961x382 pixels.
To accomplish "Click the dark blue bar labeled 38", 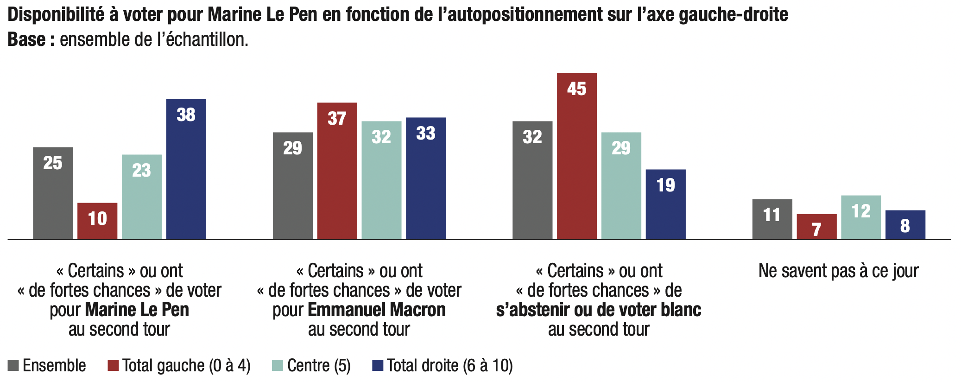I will coord(186,169).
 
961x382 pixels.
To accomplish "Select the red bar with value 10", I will coord(97,221).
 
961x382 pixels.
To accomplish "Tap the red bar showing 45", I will coord(576,156).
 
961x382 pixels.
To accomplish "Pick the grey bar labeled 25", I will coord(53,193).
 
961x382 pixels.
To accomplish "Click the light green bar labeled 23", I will coord(141,197).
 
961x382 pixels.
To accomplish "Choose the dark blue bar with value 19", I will coord(665,204).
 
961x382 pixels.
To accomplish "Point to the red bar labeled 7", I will coord(816,227).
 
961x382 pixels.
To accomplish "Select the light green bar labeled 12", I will coord(860,217).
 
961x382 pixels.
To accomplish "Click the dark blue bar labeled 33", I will coord(425,178).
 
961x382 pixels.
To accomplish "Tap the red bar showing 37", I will coord(337,171).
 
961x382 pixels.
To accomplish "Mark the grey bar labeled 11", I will coord(772,219).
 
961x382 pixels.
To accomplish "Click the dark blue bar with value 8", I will coord(905,225).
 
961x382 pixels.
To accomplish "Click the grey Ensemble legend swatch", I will coord(13,366).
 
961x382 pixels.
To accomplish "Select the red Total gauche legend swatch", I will coord(113,366).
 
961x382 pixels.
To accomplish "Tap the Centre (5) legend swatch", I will coord(277,366).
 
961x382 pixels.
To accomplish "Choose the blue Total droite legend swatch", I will coord(378,366).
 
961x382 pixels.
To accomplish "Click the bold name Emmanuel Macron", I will coord(376,310).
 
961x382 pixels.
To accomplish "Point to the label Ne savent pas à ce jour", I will coord(838,271).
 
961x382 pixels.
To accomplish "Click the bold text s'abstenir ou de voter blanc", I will coord(598,310).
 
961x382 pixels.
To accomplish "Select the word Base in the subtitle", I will coord(26,40).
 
